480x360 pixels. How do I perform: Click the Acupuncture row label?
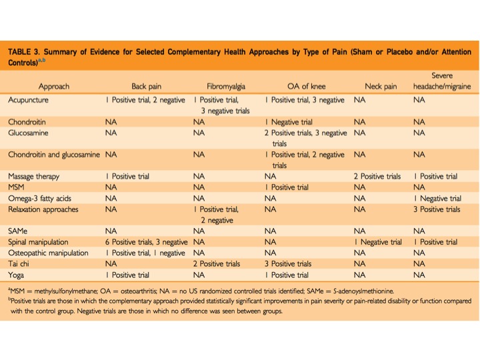(30, 99)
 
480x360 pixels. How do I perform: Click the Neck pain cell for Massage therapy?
(377, 176)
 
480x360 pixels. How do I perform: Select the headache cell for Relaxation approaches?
(436, 209)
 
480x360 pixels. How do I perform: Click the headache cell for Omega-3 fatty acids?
(437, 198)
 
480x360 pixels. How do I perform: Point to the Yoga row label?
(16, 274)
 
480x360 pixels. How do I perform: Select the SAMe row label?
(19, 231)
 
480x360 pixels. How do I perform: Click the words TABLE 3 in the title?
(27, 51)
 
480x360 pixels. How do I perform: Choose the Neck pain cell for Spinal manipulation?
(378, 241)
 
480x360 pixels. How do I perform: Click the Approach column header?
(53, 86)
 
